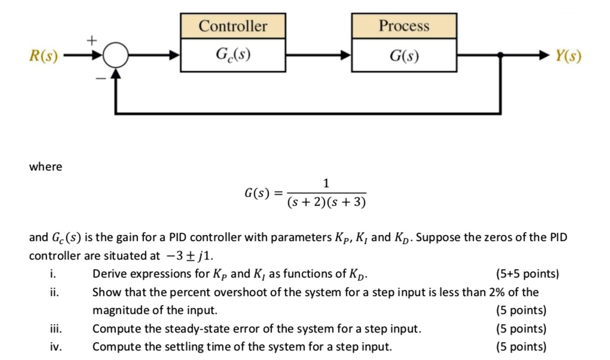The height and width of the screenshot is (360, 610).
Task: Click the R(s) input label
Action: point(43,57)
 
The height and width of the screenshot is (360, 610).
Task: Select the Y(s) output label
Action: point(567,57)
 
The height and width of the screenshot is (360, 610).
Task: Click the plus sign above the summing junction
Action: point(91,40)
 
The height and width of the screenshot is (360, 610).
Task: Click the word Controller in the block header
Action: point(233,26)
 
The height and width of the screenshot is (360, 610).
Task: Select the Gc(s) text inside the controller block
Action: point(233,57)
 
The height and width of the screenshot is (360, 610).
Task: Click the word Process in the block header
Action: point(404,26)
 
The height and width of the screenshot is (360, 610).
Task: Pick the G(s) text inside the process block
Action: point(404,57)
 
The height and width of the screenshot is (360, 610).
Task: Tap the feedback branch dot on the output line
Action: point(500,57)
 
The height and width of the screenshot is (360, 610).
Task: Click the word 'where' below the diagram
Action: point(45,167)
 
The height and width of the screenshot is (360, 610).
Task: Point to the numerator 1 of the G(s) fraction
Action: point(326,183)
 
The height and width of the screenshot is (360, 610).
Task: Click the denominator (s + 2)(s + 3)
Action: point(326,203)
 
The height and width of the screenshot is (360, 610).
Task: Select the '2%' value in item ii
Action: point(497,292)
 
